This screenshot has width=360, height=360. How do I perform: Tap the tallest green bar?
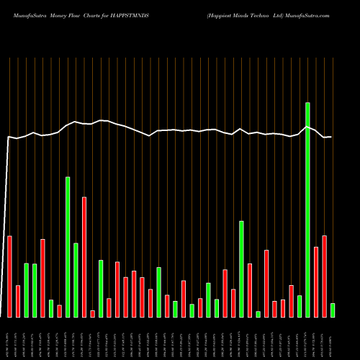pyautogui.click(x=307, y=210)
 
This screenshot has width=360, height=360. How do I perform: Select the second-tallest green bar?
pyautogui.click(x=68, y=247)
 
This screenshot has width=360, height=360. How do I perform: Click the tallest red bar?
pyautogui.click(x=84, y=257)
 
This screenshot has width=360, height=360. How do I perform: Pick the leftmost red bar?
pyautogui.click(x=10, y=276)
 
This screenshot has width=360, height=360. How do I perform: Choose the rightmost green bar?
pyautogui.click(x=333, y=310)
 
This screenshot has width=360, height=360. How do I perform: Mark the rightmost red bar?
pyautogui.click(x=324, y=276)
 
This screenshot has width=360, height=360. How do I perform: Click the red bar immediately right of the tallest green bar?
pyautogui.click(x=316, y=282)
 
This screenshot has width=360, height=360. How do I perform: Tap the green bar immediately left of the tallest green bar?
pyautogui.click(x=300, y=306)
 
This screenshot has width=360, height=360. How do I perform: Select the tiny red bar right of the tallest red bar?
pyautogui.click(x=92, y=313)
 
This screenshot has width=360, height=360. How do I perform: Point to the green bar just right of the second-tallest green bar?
pyautogui.click(x=76, y=280)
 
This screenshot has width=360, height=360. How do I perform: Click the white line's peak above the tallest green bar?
pyautogui.click(x=307, y=127)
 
